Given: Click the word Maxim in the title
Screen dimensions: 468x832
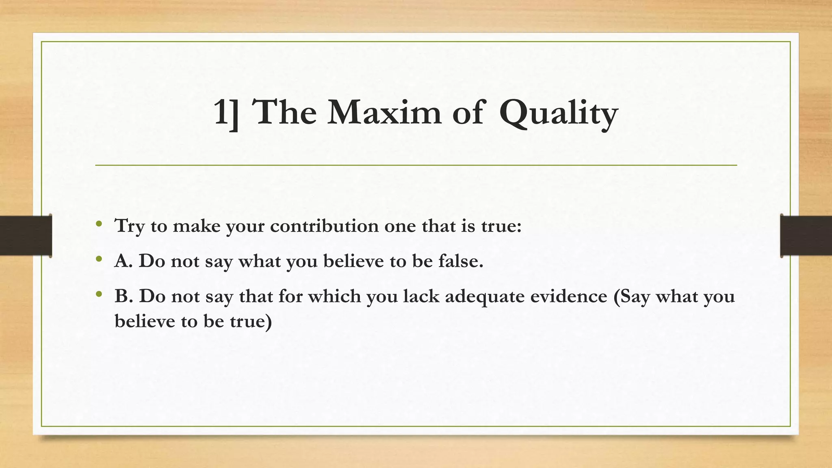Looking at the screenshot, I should [x=384, y=112].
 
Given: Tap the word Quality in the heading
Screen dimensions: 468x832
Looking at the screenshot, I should [x=558, y=114].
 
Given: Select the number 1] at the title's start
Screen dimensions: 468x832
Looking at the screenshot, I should [x=226, y=113].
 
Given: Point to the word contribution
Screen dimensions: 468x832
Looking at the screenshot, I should [x=324, y=226].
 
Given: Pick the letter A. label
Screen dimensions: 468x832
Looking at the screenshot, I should [x=123, y=261].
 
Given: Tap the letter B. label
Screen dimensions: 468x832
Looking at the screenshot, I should [x=123, y=297].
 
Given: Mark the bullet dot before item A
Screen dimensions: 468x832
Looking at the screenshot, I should [x=99, y=259].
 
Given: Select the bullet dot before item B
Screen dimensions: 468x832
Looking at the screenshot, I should [x=99, y=294].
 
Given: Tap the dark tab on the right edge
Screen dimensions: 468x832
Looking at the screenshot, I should [x=806, y=236].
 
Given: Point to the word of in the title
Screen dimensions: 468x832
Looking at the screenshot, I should [x=468, y=112].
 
